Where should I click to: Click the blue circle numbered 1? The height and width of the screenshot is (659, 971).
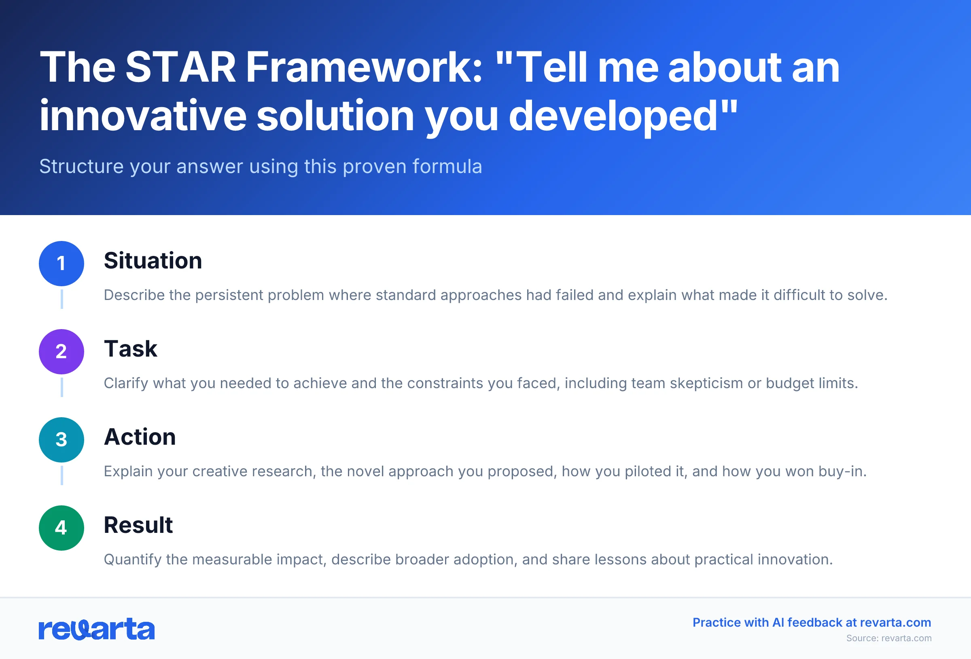(61, 264)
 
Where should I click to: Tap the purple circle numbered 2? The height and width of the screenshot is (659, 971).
(61, 352)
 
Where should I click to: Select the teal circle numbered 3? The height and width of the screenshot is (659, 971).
(61, 440)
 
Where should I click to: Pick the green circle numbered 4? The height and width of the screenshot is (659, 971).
(61, 528)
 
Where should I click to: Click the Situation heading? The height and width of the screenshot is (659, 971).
(153, 261)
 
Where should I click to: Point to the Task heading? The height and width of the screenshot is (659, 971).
(130, 349)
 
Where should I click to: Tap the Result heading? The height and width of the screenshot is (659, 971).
(138, 525)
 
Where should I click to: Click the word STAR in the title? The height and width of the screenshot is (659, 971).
(180, 68)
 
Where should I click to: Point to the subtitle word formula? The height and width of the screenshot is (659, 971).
(447, 166)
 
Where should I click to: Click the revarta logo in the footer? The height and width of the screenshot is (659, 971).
(97, 629)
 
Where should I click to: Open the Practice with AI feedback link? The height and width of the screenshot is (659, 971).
(812, 622)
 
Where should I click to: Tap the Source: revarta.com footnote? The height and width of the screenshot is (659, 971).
(889, 638)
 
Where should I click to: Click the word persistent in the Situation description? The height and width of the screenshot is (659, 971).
(229, 295)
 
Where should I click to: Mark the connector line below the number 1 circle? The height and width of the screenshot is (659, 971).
(62, 299)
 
